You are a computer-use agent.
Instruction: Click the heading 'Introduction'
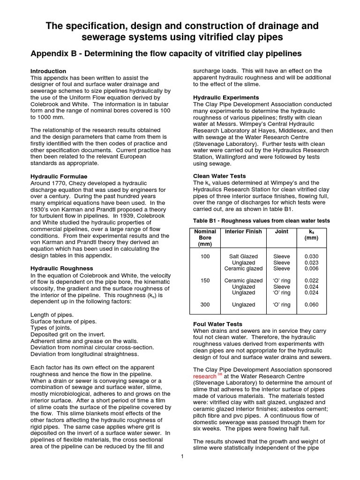click(x=48, y=71)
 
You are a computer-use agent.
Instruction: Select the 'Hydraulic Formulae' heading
click(x=59, y=176)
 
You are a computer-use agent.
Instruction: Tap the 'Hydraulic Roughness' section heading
click(x=61, y=268)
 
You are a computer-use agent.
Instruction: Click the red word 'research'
click(x=204, y=376)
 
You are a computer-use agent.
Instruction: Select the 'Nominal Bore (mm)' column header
click(x=205, y=238)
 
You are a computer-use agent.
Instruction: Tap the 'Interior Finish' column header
click(x=241, y=232)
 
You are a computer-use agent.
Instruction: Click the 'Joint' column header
click(x=281, y=232)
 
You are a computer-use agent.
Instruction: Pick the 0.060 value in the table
click(x=311, y=305)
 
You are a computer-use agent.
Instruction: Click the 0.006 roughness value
click(x=311, y=269)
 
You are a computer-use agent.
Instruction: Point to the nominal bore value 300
click(x=205, y=305)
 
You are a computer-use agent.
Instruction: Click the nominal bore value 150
click(x=205, y=281)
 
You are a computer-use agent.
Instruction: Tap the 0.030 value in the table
click(x=311, y=256)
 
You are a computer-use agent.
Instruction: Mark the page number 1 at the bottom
click(x=182, y=457)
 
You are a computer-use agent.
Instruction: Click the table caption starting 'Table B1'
click(x=262, y=220)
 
